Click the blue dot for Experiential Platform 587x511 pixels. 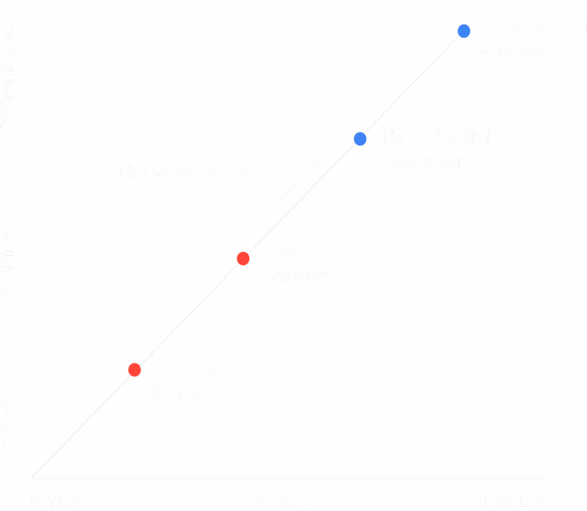click(464, 30)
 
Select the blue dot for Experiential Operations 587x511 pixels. click(360, 139)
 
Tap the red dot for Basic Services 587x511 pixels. click(243, 258)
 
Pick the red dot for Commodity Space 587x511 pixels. click(135, 370)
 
